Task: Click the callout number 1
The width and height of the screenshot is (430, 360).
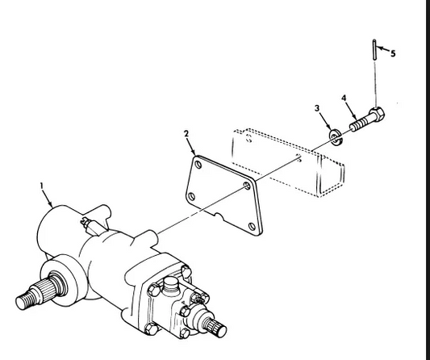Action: point(42,186)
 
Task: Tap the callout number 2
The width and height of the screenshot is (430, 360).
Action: point(186,134)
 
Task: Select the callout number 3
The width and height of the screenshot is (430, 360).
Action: point(317,108)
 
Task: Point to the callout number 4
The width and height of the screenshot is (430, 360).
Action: point(344,98)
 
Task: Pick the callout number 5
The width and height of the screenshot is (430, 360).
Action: point(393,53)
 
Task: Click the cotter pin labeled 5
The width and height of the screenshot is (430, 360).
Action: point(374,50)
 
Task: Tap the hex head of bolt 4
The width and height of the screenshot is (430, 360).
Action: point(377,115)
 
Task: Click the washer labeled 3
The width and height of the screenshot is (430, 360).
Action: point(336,137)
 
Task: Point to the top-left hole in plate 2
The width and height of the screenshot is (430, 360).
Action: point(198,165)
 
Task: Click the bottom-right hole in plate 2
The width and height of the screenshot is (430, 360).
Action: point(252,227)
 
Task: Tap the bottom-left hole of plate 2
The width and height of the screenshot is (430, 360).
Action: point(192,196)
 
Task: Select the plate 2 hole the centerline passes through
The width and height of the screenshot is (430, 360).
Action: point(247,186)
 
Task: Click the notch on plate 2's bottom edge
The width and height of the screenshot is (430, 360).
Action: point(219,216)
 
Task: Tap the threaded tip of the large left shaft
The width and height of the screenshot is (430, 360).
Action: point(23,302)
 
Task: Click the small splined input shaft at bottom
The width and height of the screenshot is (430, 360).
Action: point(216,327)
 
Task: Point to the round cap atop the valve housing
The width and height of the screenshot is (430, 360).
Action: point(170,284)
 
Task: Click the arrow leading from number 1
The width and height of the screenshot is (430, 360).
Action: point(47,199)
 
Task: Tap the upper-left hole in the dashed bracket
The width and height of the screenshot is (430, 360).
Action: point(248,139)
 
